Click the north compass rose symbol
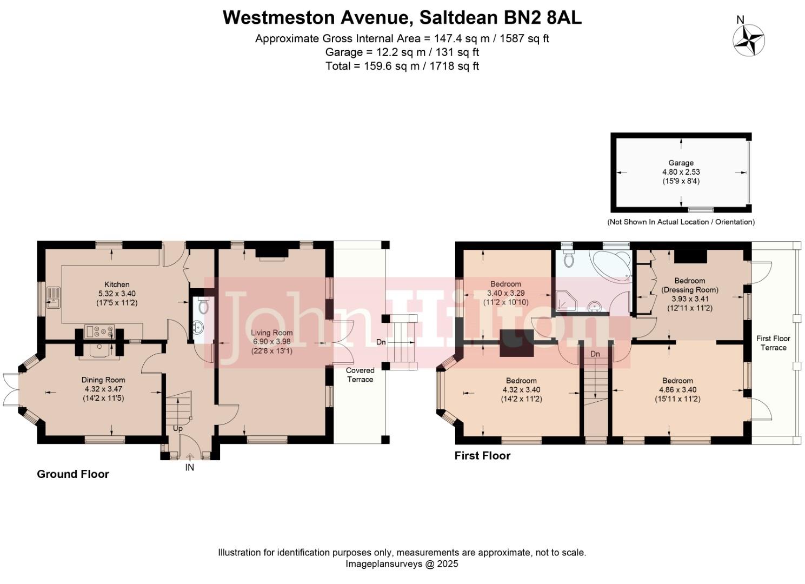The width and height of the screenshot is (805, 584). (x=748, y=41)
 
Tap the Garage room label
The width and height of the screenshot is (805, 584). (x=681, y=163)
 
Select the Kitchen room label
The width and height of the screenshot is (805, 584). (x=117, y=284)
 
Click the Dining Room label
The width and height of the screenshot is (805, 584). (x=103, y=380)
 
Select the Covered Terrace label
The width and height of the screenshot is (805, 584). (x=360, y=375)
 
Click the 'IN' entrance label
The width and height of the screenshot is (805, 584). (x=190, y=467)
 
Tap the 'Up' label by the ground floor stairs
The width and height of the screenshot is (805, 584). (x=178, y=428)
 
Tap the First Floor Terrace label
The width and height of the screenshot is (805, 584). (x=773, y=343)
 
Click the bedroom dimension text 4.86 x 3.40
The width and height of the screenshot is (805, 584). (x=677, y=389)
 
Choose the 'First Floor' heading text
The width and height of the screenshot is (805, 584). (x=482, y=456)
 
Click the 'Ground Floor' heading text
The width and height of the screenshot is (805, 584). (x=73, y=474)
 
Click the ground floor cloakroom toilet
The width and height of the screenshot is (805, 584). (x=203, y=306)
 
